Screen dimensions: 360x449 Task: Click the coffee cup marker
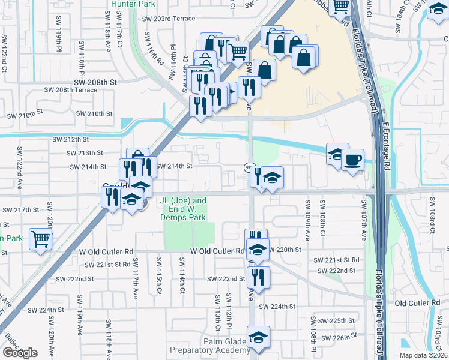coord(352,160)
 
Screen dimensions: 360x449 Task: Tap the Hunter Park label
coord(132,3)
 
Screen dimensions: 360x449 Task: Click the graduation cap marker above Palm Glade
coord(258,337)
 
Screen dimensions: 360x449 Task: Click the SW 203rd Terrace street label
coord(169,19)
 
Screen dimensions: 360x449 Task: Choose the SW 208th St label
coord(95,80)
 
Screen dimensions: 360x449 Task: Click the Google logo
coord(20,353)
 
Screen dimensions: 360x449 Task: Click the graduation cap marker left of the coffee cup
coord(337,154)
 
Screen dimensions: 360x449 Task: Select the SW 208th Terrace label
coord(70,89)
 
